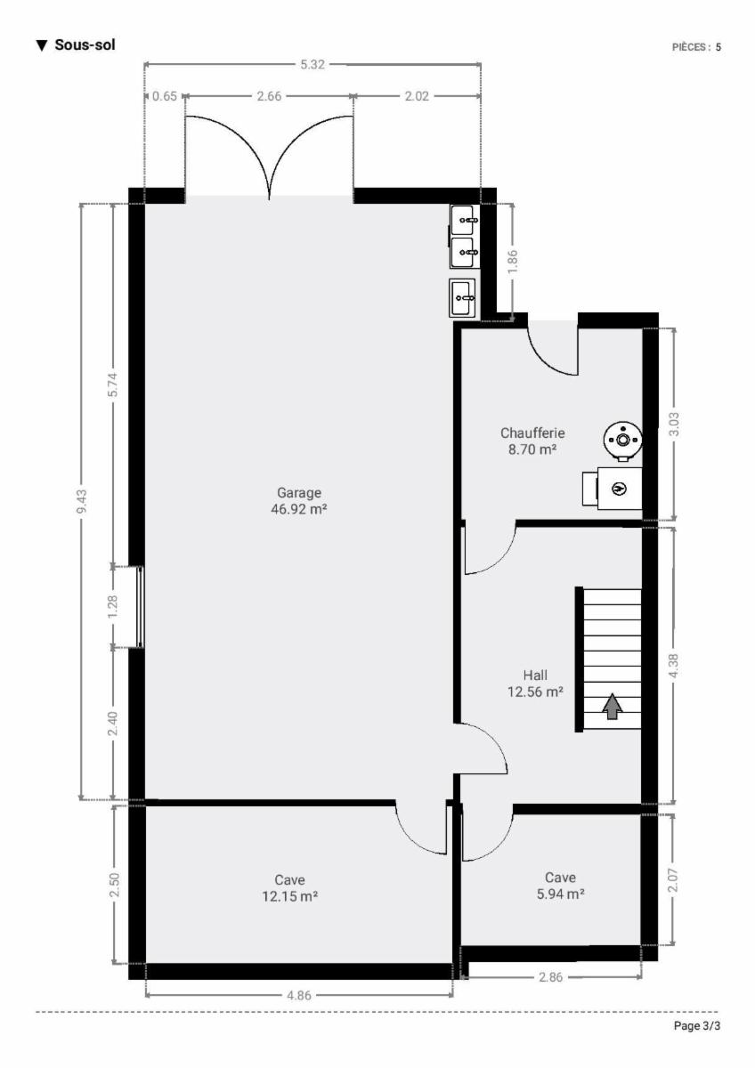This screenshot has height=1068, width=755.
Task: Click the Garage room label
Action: coord(299,492)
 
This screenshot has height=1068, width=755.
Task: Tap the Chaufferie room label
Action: coord(532,433)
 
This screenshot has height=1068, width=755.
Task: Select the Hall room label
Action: coord(535,676)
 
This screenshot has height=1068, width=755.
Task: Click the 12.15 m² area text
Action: coord(290,896)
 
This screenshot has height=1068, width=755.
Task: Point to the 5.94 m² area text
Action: coord(560,894)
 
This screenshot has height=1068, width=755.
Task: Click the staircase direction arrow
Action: coord(612,707)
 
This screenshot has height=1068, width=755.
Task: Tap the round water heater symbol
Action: coord(622,441)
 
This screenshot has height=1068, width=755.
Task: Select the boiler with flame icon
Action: coord(612,489)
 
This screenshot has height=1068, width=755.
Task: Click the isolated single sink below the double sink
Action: coord(462,298)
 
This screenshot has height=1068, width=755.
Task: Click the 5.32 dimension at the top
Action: coord(313,64)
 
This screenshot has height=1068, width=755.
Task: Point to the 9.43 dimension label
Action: coord(82,502)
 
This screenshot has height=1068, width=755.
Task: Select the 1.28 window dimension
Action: coord(113,607)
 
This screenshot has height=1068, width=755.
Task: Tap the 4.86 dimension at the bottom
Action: coord(298,995)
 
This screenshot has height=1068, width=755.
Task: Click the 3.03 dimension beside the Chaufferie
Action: coord(674,424)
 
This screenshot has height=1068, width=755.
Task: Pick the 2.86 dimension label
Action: coord(551,977)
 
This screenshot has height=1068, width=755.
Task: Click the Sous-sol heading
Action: coord(85,44)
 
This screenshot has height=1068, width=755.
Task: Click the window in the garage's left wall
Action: coord(140,607)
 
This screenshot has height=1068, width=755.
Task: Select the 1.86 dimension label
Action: coord(513,263)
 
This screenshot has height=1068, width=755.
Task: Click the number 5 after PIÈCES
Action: coord(718,47)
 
